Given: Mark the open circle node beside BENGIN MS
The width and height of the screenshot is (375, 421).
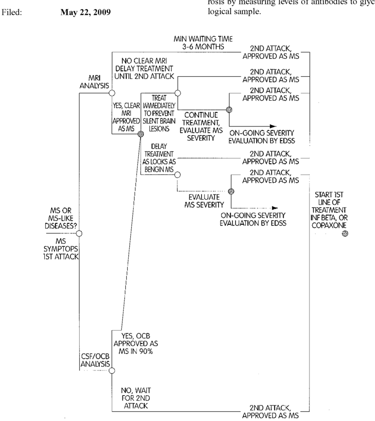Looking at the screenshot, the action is (177, 175).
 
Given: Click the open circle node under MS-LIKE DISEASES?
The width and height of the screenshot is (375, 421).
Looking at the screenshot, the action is (79, 234).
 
